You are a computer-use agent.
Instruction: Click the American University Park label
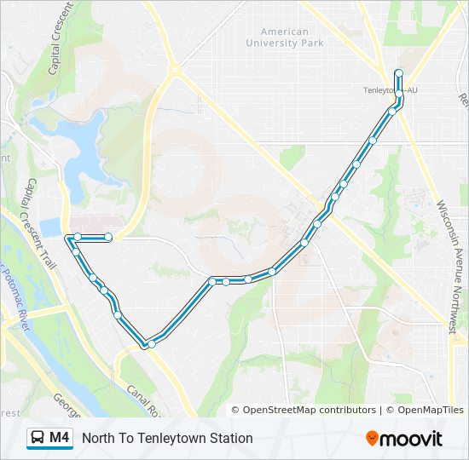click(285, 37)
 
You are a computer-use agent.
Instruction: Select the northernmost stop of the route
click(398, 73)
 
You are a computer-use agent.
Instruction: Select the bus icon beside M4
click(38, 438)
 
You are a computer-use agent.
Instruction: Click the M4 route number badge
click(59, 438)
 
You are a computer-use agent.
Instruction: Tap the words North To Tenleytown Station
click(167, 438)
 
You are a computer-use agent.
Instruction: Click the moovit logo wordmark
click(412, 439)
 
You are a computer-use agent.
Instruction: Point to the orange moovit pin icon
click(373, 439)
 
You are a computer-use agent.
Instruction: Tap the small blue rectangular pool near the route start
click(49, 227)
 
